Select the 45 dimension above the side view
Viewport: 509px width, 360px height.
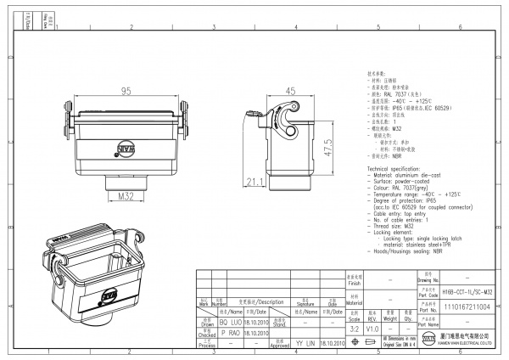pos(289,91)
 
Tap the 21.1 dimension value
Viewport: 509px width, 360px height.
pos(254,182)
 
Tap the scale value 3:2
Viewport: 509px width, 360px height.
pos(354,328)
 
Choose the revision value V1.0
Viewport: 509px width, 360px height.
pos(372,328)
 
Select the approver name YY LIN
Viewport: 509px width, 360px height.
pos(305,343)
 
